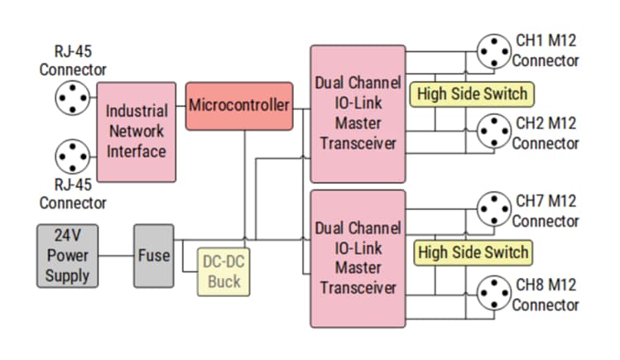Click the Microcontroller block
coord(239,106)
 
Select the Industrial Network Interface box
coord(137,132)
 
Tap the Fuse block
coord(153,255)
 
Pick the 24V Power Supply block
coord(68,255)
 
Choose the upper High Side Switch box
coord(472,94)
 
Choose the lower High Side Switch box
coord(472,252)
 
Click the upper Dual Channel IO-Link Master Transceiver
coord(358,114)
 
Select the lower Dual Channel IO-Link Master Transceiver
coord(358,258)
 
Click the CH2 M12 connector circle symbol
coord(495,132)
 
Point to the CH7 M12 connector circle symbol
coord(495,209)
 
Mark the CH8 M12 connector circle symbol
coord(495,294)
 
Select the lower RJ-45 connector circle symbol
coord(71,157)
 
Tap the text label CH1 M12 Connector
coord(546,50)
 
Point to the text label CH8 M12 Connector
coord(546,295)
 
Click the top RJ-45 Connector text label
coord(73,60)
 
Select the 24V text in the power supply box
coord(68,235)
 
